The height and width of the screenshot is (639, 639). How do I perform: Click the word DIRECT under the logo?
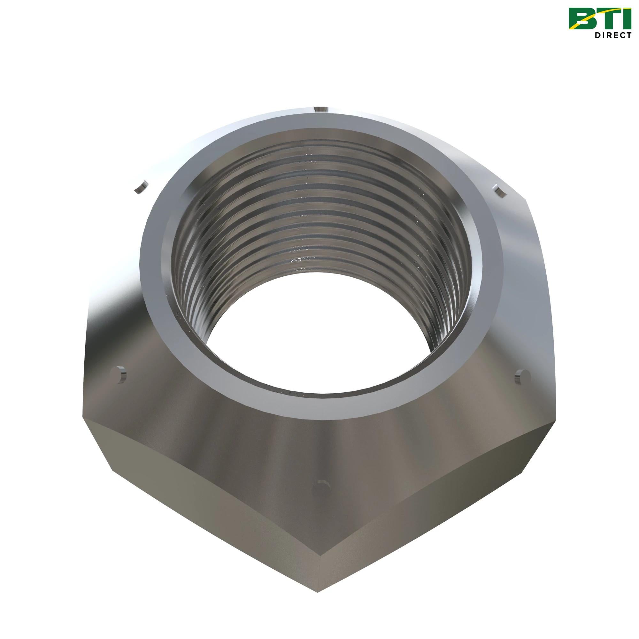612,35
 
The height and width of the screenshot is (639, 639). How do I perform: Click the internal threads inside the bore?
318,205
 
